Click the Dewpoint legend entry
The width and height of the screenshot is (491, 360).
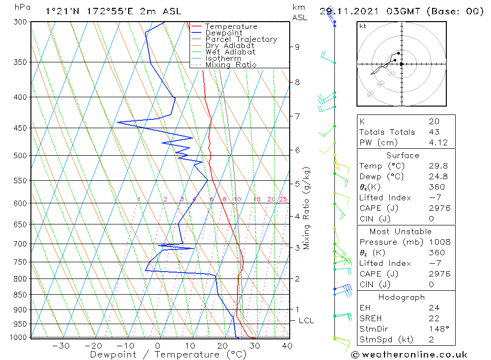click(x=223, y=33)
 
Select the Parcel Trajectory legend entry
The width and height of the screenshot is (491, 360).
click(x=241, y=39)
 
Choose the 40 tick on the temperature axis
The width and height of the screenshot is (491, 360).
click(x=287, y=346)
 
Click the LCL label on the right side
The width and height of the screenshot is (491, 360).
click(x=306, y=321)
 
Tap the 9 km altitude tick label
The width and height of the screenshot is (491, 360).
click(x=297, y=47)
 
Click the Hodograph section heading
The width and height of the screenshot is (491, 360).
click(x=402, y=297)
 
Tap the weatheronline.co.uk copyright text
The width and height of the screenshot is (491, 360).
click(x=409, y=355)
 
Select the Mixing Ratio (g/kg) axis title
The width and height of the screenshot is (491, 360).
click(x=307, y=208)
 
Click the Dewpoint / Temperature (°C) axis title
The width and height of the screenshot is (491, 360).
click(x=162, y=355)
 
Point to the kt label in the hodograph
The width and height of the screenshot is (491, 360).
click(x=362, y=26)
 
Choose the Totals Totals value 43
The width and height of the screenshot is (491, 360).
click(x=434, y=132)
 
